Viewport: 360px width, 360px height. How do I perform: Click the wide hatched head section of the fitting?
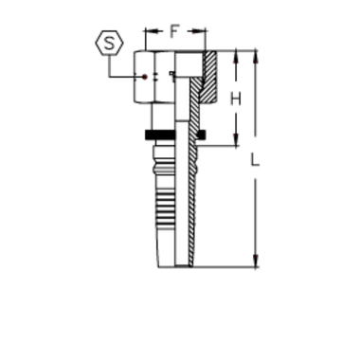209,76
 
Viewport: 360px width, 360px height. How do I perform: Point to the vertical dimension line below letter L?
256,218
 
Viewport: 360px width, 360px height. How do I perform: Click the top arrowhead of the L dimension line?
256,55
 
